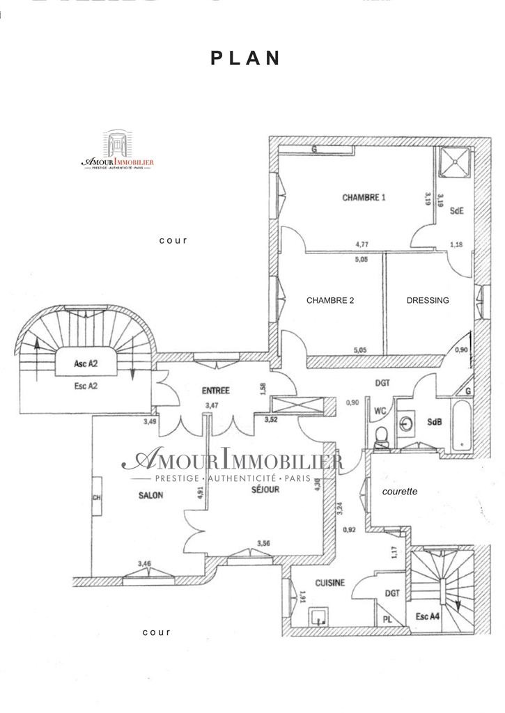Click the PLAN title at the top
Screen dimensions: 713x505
(246, 58)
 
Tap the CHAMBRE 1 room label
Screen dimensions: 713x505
(364, 198)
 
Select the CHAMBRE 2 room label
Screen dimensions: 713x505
(330, 301)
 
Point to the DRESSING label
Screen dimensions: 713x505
(428, 301)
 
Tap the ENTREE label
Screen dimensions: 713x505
(216, 391)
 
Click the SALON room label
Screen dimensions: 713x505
(150, 496)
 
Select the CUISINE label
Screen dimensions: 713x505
(330, 583)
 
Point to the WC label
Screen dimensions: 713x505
(380, 411)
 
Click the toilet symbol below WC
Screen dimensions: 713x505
(381, 437)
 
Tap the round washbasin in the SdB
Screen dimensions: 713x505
(409, 423)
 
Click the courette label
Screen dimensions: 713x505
(400, 492)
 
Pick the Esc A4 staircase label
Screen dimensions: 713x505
(428, 616)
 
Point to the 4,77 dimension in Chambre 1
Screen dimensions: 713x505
(362, 244)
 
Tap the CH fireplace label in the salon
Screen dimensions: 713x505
(97, 497)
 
